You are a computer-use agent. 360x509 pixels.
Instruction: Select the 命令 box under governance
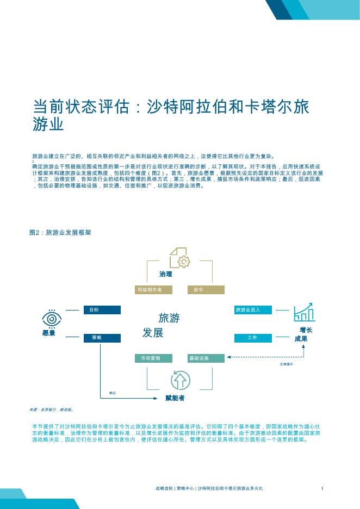206,290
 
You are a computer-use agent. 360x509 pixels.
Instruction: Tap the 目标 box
102,310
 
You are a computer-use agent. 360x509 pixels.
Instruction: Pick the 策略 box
102,338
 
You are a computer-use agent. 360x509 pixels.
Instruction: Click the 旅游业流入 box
252,310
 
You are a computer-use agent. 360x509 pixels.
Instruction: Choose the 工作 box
252,338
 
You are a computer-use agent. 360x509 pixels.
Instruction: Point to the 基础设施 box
206,358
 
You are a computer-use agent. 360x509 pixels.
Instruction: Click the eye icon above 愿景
52,318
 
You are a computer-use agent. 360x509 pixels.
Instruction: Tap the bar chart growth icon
304,312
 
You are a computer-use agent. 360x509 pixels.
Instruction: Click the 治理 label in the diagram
166,274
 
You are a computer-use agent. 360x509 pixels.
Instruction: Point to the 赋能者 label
175,399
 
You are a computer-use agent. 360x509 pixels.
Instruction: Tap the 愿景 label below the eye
49,333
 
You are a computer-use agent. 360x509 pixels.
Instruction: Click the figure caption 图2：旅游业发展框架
60,232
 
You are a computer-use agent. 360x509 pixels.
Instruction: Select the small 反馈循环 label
287,364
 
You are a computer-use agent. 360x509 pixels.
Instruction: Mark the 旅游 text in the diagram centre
169,318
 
